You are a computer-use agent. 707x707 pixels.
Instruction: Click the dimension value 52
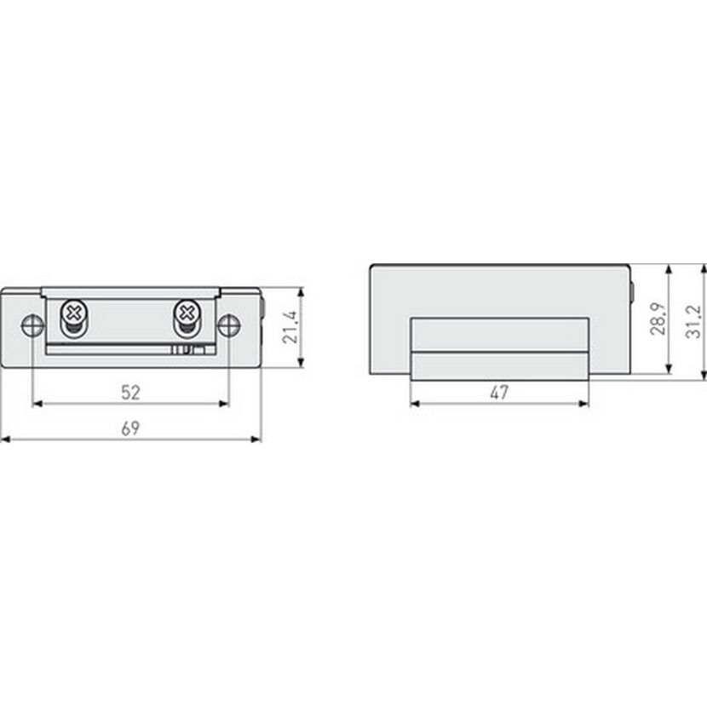click(x=131, y=393)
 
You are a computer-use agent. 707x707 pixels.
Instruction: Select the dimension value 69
click(x=131, y=428)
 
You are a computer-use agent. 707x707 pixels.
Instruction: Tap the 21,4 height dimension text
click(x=290, y=327)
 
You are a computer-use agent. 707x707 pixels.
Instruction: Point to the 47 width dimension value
click(x=499, y=393)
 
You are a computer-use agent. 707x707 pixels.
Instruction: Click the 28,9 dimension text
click(x=658, y=319)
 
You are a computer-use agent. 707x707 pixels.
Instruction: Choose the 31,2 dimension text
click(x=694, y=321)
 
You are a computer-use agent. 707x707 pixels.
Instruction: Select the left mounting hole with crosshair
click(x=33, y=325)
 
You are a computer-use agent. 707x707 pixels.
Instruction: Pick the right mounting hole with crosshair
click(x=229, y=325)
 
